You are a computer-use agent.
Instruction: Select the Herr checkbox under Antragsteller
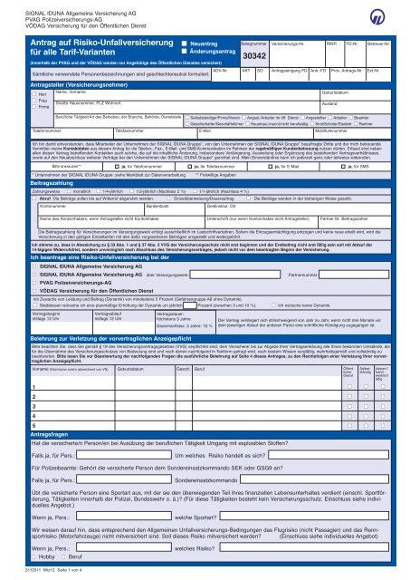[8, 93]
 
